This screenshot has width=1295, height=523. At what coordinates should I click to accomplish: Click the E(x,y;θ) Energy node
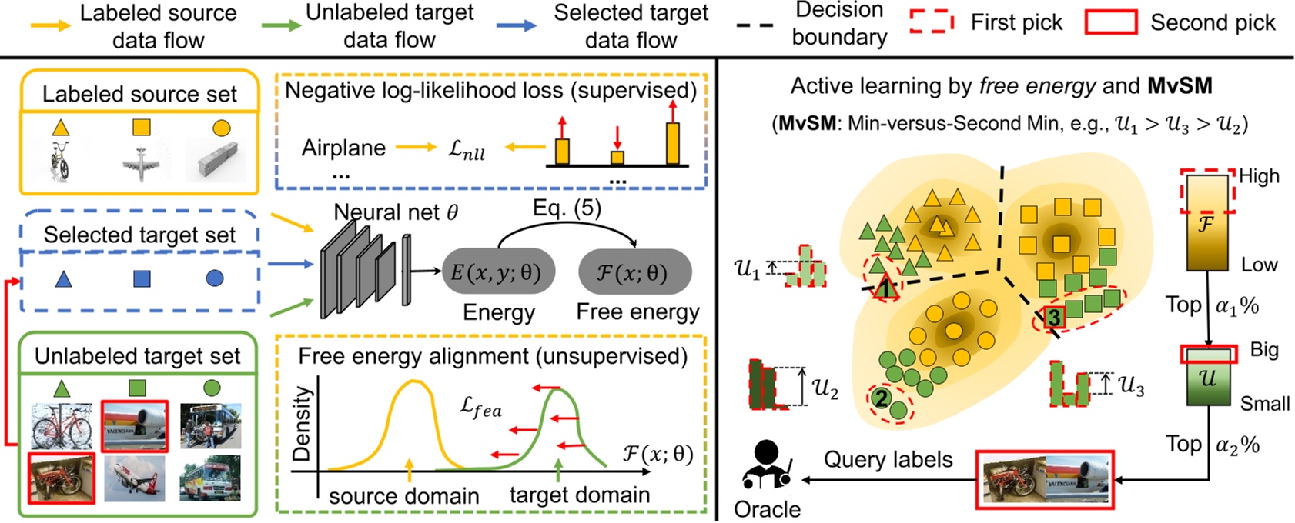(x=497, y=271)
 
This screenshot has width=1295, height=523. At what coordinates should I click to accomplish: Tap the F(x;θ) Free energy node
(x=634, y=271)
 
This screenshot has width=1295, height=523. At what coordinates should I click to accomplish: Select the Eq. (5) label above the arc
(x=567, y=208)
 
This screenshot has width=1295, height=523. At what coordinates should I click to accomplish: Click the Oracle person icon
(x=767, y=465)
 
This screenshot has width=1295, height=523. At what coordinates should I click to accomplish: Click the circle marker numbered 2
(x=881, y=398)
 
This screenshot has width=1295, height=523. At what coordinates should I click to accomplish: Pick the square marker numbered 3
(x=1053, y=316)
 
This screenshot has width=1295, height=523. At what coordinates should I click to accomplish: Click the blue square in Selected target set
(x=142, y=278)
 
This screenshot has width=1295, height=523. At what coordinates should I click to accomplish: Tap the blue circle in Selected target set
(x=215, y=278)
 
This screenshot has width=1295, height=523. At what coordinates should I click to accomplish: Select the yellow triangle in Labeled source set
(x=61, y=128)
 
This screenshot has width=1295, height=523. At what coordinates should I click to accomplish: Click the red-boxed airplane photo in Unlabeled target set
(x=134, y=425)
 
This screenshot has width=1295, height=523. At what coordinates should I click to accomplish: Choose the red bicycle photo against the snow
(x=62, y=426)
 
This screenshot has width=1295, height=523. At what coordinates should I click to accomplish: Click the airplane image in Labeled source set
(x=142, y=164)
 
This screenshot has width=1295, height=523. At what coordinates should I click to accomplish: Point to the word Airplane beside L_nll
(x=343, y=148)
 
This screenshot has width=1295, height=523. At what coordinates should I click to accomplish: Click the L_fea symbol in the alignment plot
(x=480, y=408)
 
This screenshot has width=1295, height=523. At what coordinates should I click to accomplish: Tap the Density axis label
(x=303, y=424)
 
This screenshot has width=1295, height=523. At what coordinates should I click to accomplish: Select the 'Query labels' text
(x=888, y=460)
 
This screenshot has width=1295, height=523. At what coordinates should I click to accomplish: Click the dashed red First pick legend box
(x=931, y=22)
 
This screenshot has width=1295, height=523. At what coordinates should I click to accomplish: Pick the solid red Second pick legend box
(x=1110, y=22)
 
